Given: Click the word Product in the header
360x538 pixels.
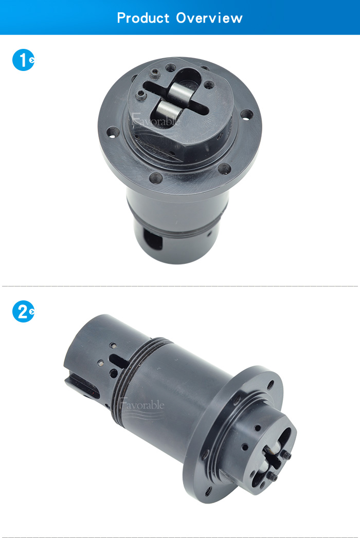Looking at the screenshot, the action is [143, 18].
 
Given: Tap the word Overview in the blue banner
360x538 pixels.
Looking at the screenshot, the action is [209, 18].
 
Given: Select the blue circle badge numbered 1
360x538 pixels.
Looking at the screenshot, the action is [23, 60].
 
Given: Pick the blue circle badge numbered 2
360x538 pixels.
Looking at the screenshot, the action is [23, 312].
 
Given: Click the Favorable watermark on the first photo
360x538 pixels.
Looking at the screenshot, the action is [155, 120].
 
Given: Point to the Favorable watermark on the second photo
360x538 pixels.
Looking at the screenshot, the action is [142, 405].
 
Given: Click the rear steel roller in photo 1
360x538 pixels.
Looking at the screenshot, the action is [178, 91].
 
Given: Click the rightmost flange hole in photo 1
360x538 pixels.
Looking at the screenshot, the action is [246, 114].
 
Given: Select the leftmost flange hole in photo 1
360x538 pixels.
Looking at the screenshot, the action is [113, 132].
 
